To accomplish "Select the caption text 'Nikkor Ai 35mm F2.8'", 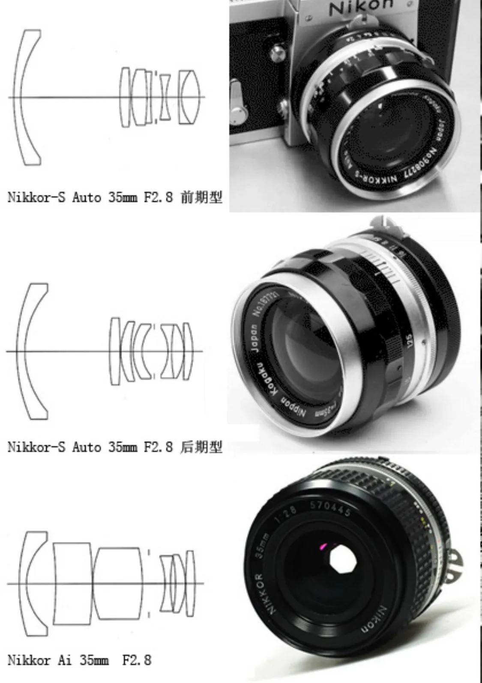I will (80, 660).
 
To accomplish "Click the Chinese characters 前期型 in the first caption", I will (202, 198).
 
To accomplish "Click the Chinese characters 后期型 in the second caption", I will (202, 447).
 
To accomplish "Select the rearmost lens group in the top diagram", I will (189, 97).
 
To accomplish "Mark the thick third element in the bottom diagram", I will (118, 583).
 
